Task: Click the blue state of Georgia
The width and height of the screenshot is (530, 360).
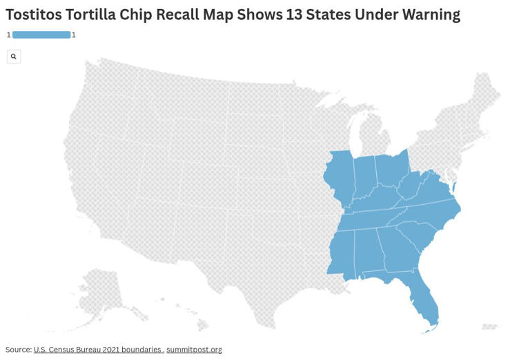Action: tap(397, 251)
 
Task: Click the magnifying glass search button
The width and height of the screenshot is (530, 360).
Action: tap(14, 57)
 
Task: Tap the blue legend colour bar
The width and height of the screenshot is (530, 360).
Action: tap(41, 34)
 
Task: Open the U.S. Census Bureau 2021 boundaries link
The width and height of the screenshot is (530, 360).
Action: tap(97, 350)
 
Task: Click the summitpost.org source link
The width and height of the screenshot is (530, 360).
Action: tap(194, 350)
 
